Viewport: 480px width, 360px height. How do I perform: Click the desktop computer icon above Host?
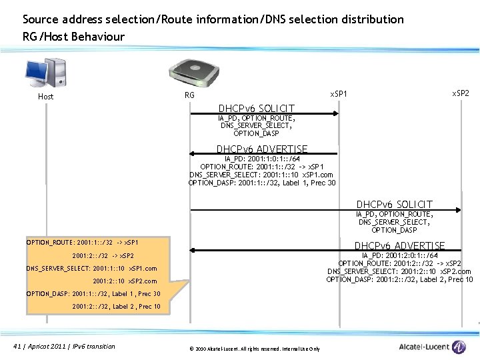point(45,73)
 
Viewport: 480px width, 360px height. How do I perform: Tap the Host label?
point(45,97)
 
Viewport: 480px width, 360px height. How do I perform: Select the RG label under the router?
point(189,95)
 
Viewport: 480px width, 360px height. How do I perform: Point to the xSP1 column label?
point(339,93)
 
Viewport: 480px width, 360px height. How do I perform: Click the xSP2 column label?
point(461,93)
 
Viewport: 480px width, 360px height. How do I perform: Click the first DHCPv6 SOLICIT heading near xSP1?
point(257,108)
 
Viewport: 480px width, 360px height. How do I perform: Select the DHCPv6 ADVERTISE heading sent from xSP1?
point(262,149)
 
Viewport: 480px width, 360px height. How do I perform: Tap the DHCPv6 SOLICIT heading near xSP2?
point(394,204)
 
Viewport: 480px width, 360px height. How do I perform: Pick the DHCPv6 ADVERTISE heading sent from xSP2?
point(399,246)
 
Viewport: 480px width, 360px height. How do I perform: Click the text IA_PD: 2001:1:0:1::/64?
point(262,159)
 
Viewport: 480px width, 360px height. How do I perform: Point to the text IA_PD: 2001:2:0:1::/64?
point(399,255)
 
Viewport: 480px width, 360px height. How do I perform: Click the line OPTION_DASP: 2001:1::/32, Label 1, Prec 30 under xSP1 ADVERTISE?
point(262,183)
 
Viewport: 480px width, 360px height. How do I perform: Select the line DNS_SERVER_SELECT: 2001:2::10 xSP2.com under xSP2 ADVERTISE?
point(399,271)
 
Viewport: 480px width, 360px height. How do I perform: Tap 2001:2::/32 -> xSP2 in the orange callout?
point(103,255)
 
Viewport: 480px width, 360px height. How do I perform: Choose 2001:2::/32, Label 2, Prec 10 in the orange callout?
point(116,307)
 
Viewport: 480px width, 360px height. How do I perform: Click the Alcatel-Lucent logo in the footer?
point(431,347)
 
